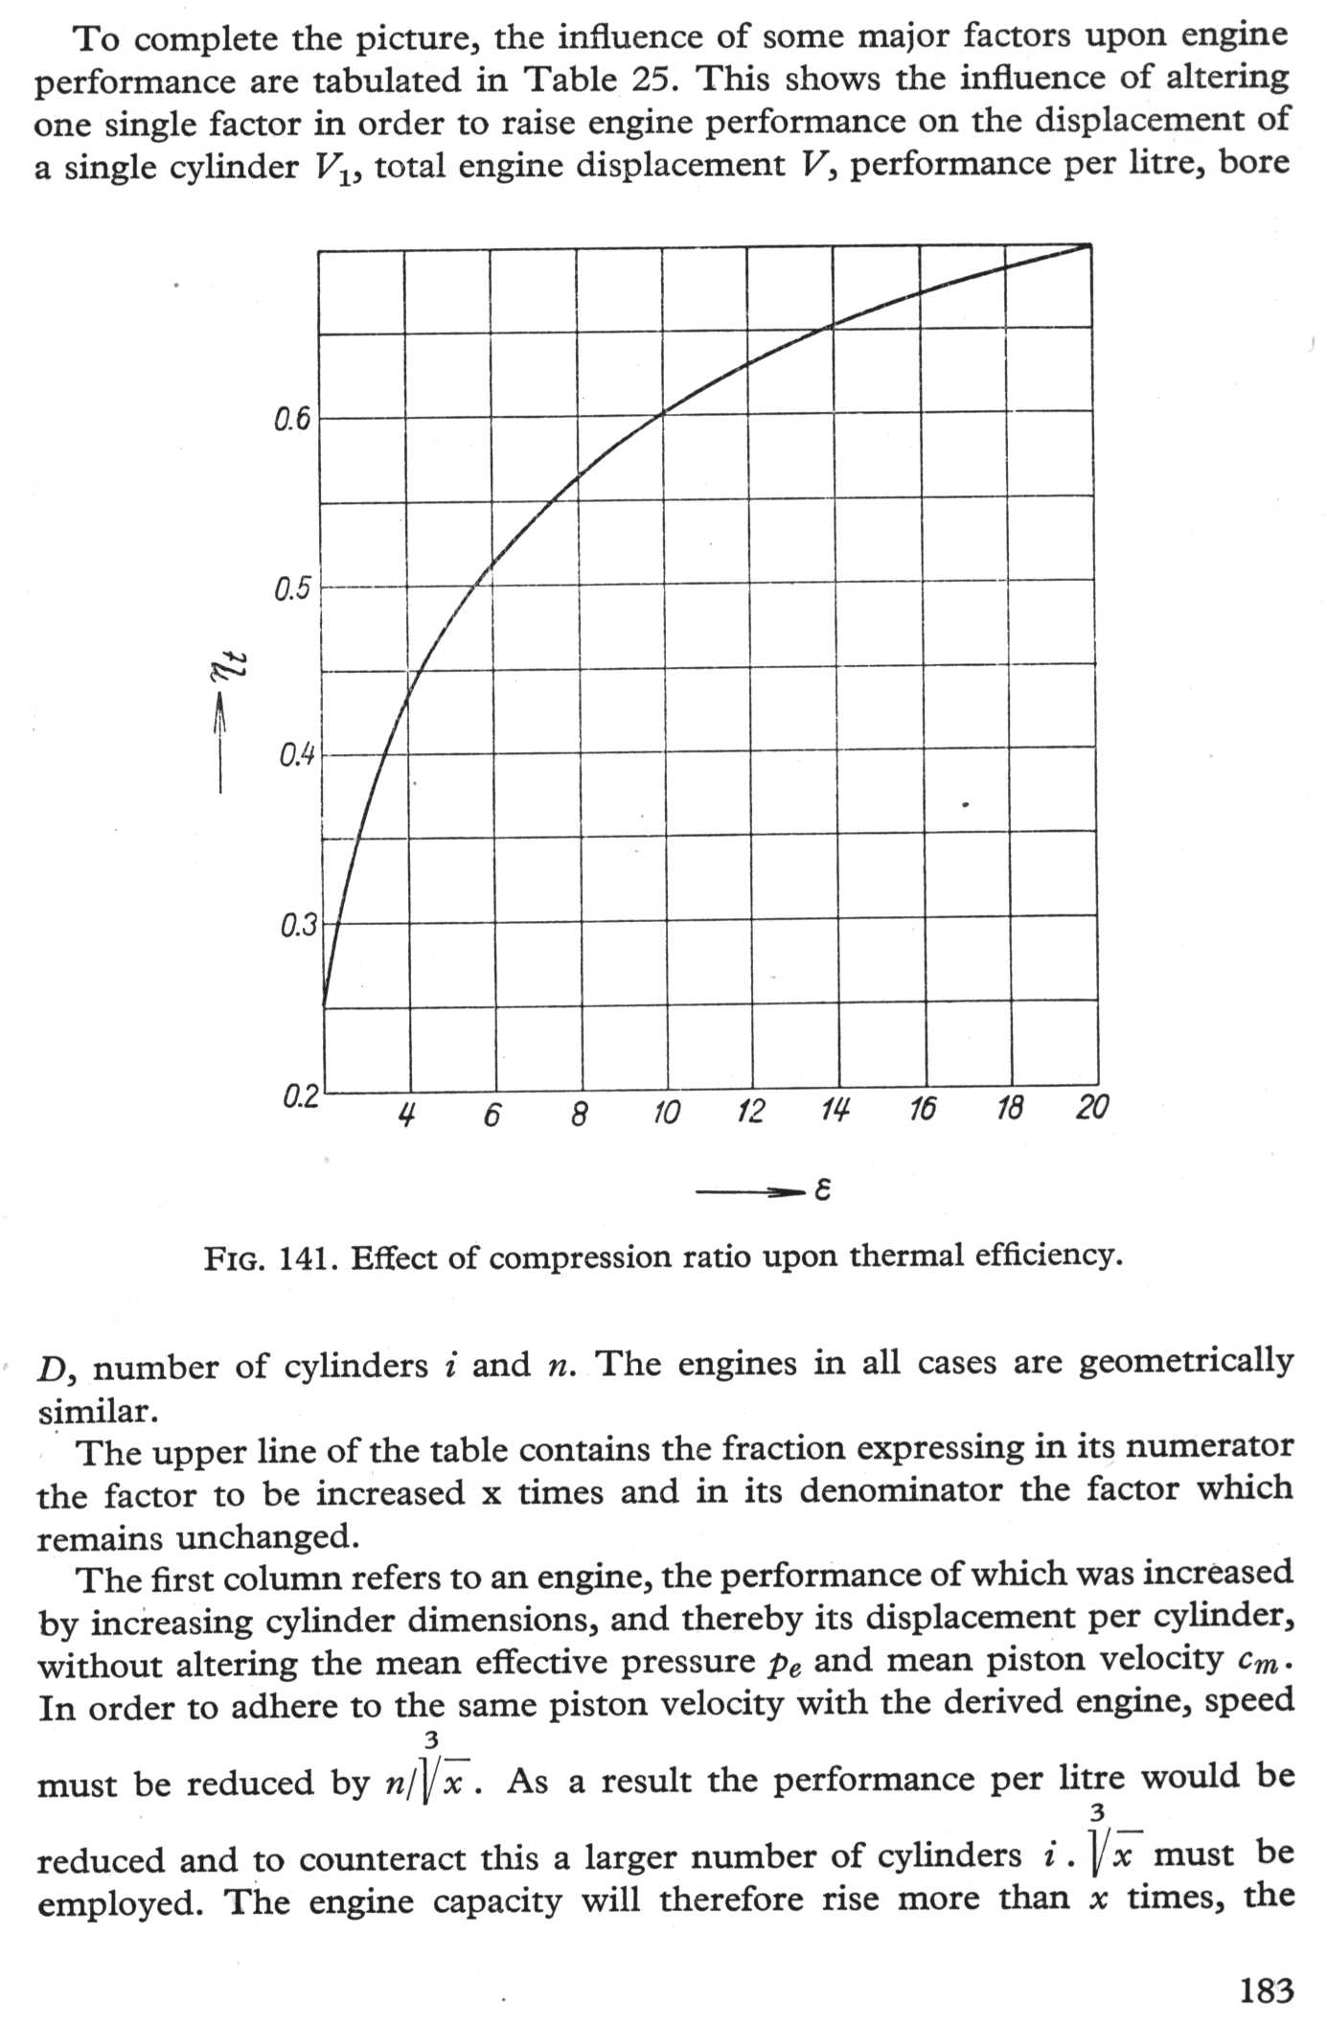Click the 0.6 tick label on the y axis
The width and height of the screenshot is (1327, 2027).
coord(292,420)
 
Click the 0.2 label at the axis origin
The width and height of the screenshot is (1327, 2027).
coord(300,1096)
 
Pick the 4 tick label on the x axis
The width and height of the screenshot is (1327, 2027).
coord(407,1115)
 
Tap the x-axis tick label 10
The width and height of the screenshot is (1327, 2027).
coord(665,1113)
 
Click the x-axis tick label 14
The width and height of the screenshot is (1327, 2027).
coord(835,1111)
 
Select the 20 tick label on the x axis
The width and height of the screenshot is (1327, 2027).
coord(1091,1108)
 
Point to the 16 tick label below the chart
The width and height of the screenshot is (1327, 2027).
coord(922,1110)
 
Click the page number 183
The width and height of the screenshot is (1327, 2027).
coord(1266,1991)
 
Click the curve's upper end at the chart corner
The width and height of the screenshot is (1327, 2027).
coord(1089,245)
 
